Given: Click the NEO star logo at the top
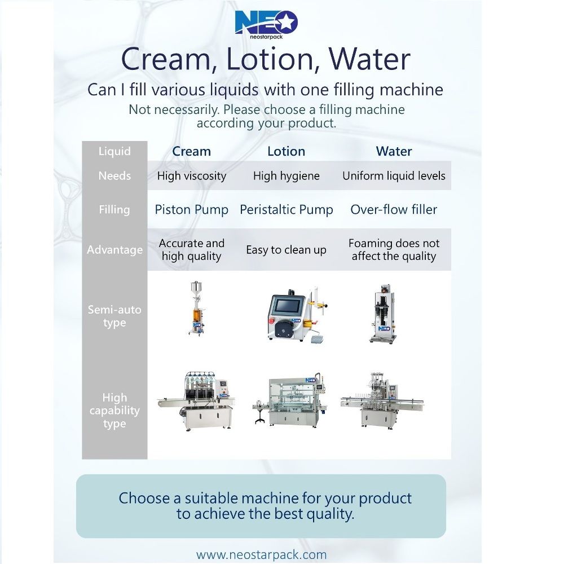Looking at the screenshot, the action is tap(266, 24).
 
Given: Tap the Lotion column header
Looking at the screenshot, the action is tap(287, 151).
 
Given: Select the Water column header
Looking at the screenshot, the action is tap(394, 151).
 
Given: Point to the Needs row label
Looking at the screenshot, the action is tap(114, 175).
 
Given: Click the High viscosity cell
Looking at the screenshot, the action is tap(191, 176).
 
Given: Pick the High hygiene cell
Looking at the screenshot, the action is tap(287, 176).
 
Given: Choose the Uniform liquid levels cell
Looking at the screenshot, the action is tap(394, 176).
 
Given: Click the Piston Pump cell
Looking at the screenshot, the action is tap(191, 210).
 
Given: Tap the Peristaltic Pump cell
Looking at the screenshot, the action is tap(287, 210).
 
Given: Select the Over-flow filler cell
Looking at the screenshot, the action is tap(394, 209).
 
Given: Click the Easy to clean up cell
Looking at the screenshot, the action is tap(287, 250).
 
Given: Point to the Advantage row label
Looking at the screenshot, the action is tap(114, 250).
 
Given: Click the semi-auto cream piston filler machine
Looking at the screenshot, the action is tap(197, 309).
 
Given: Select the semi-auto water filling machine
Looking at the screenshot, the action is tap(384, 314).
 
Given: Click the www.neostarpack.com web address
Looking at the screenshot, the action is tap(262, 554).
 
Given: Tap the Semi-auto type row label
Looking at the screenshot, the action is tap(114, 316).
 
